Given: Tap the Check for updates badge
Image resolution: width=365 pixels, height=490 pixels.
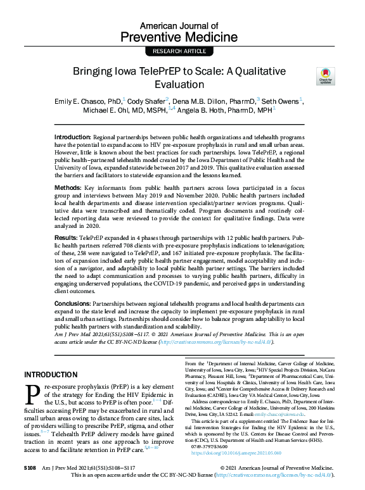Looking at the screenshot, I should point(326,76).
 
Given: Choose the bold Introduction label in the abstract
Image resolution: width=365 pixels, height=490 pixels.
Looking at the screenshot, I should point(72,137).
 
